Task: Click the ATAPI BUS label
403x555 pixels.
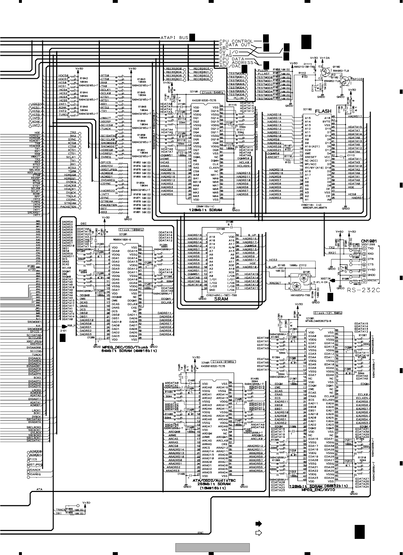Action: click(175, 37)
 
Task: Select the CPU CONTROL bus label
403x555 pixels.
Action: click(236, 41)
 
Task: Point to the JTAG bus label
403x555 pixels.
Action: click(226, 56)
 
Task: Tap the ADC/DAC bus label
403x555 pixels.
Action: click(230, 66)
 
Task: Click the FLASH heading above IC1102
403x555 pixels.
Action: click(323, 111)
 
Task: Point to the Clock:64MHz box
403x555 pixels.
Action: click(213, 92)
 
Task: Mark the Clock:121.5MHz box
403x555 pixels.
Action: click(327, 313)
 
